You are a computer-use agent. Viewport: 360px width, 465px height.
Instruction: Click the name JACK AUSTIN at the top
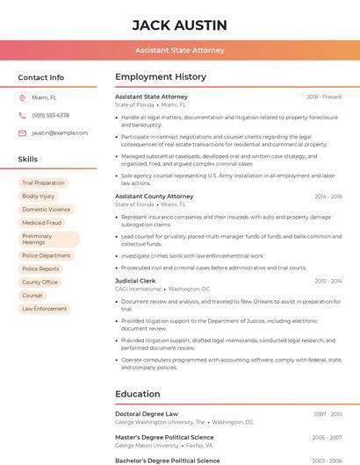click(x=179, y=25)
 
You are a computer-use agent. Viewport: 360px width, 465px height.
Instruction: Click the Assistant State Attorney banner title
click(x=179, y=51)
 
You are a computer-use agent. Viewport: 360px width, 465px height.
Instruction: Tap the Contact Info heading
click(x=41, y=77)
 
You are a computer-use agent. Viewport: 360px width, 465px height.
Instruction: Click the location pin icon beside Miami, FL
click(x=22, y=97)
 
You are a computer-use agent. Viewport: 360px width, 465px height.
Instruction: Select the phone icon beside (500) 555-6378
click(x=22, y=115)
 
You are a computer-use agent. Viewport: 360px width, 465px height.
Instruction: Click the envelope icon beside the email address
click(x=22, y=132)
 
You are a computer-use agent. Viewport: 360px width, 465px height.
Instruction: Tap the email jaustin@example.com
click(x=60, y=132)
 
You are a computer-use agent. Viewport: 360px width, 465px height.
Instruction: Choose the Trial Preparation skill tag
click(x=44, y=183)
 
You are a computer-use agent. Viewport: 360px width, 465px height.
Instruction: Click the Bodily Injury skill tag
click(x=39, y=197)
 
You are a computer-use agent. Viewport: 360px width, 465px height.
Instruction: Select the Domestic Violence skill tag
click(x=47, y=210)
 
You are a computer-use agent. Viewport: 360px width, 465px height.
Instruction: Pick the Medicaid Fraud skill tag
click(x=42, y=223)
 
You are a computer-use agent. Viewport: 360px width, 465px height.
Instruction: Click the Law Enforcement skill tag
click(x=45, y=309)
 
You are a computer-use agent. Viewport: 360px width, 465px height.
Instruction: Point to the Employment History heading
click(x=161, y=77)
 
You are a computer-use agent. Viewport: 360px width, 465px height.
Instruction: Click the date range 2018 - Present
click(x=324, y=97)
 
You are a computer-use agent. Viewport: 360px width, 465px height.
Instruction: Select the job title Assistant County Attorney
click(x=155, y=197)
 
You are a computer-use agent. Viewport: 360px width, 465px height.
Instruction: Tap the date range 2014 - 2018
click(x=328, y=197)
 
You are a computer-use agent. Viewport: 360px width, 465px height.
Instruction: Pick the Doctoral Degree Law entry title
click(x=147, y=414)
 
